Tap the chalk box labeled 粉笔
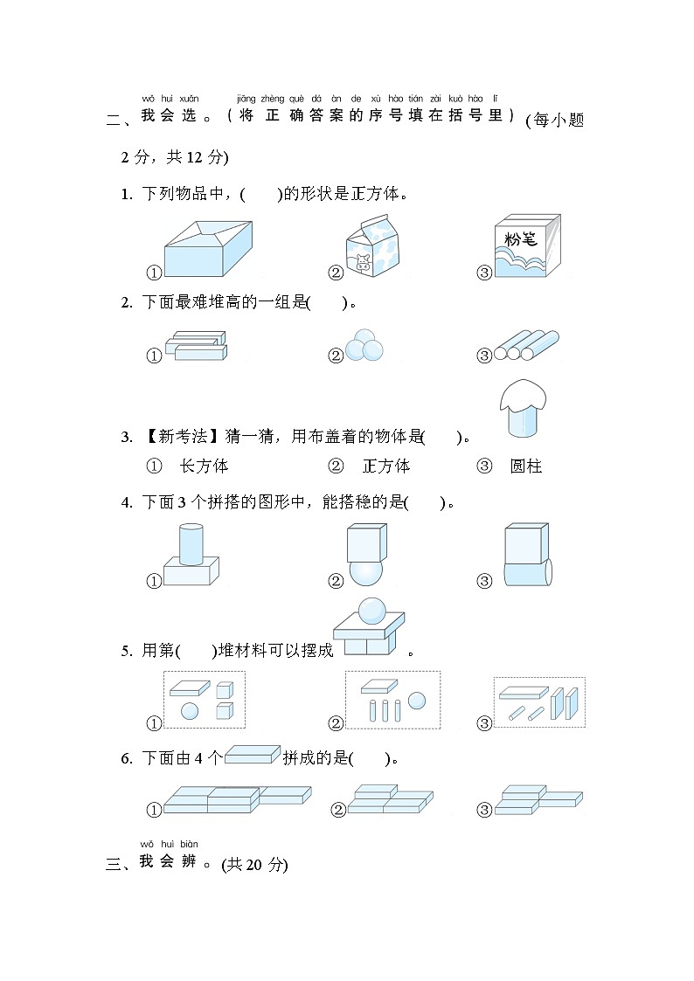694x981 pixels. [x=527, y=247]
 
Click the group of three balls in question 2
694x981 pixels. [x=364, y=346]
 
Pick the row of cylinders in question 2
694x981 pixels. [x=526, y=346]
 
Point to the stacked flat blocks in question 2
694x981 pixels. [x=196, y=347]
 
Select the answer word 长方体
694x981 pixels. [x=204, y=466]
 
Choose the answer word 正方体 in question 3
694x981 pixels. [x=386, y=466]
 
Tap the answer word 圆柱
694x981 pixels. [x=526, y=466]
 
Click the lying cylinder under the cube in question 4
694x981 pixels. [x=528, y=574]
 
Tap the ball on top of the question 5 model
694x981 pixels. [x=372, y=609]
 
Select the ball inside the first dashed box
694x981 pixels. [x=190, y=711]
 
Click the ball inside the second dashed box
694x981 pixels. [x=416, y=701]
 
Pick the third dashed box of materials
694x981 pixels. [x=539, y=702]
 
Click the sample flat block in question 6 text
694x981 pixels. [x=253, y=756]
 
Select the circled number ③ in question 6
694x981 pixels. [x=484, y=810]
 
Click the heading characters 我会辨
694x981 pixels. [x=168, y=864]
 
